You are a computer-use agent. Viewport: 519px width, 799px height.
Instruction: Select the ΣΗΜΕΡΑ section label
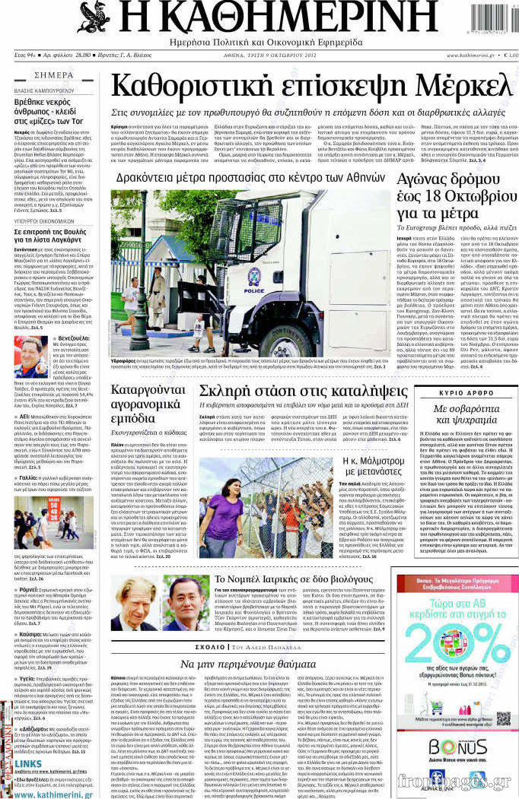coord(54,75)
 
